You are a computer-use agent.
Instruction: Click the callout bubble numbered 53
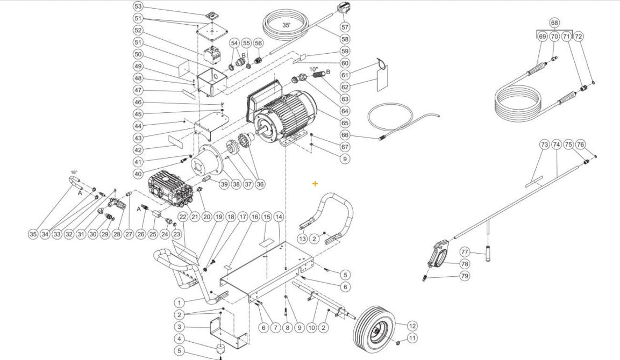[138, 6]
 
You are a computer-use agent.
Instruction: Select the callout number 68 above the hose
[554, 23]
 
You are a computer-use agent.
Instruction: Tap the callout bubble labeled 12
[412, 326]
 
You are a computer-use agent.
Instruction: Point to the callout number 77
[465, 252]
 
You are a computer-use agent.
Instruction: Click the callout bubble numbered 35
[33, 234]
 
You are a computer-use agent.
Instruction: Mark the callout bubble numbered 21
[195, 217]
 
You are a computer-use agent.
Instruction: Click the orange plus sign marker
[315, 184]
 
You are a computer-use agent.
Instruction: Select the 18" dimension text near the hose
[74, 172]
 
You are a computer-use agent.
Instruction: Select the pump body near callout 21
[170, 185]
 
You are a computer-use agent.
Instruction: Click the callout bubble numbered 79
[465, 276]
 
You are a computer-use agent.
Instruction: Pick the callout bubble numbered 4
[180, 339]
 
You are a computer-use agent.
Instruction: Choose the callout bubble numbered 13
[303, 239]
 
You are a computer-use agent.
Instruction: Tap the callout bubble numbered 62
[345, 87]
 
